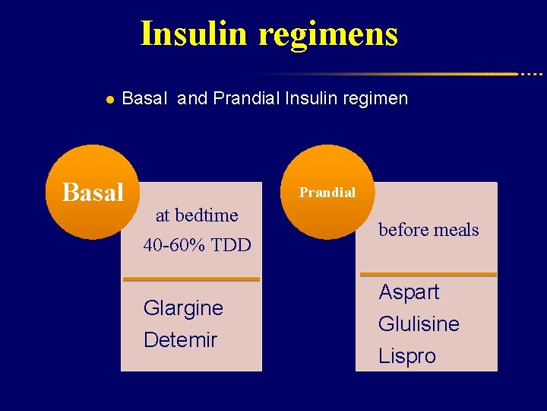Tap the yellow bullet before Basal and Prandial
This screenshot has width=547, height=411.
click(x=109, y=99)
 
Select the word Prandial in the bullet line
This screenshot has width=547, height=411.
click(x=247, y=98)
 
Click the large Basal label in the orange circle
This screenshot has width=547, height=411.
click(x=93, y=193)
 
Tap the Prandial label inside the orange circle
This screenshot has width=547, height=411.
click(x=327, y=193)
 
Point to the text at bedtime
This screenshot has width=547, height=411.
click(x=197, y=215)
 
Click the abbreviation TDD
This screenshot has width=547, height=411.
click(x=233, y=246)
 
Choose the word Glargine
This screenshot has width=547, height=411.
click(x=183, y=308)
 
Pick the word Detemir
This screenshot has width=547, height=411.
click(x=180, y=339)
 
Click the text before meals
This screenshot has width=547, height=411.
click(x=428, y=230)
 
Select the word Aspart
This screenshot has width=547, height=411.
click(x=409, y=292)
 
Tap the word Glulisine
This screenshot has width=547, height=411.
click(x=419, y=324)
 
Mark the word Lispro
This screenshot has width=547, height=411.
click(x=407, y=356)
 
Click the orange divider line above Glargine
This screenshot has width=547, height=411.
click(x=191, y=279)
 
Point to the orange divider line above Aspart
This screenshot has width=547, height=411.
click(x=428, y=274)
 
